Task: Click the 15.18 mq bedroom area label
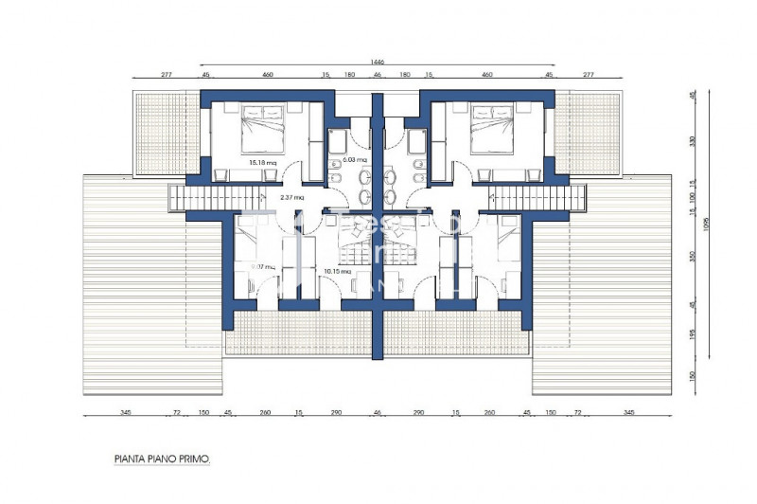click(262, 162)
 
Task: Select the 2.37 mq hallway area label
click(292, 197)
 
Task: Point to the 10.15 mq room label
click(333, 271)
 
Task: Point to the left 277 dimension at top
click(167, 74)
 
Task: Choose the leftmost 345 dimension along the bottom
click(125, 413)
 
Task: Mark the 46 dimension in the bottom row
click(378, 413)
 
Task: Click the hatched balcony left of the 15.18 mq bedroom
click(166, 133)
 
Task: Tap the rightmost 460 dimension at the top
click(487, 74)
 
